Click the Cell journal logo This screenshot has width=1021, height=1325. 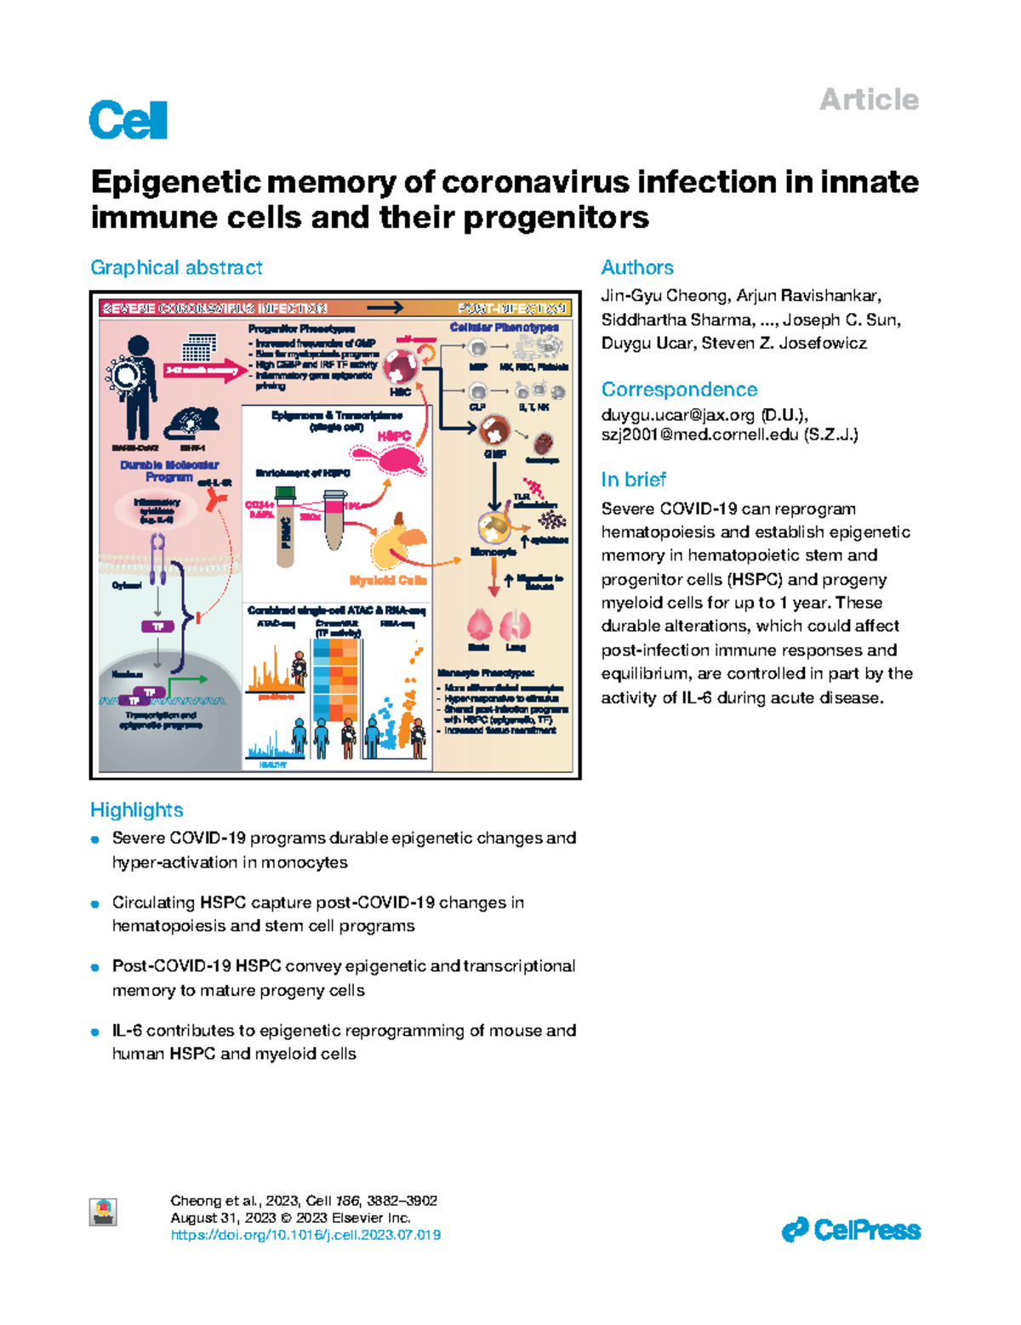point(128,120)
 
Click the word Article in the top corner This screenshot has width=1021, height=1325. point(869,100)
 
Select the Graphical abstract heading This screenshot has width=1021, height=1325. point(176,268)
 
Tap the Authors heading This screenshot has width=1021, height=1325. point(636,268)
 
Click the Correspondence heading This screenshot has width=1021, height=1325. point(679,390)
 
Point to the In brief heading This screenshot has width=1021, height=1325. point(633,480)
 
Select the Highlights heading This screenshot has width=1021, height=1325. point(136,810)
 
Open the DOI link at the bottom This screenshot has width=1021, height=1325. point(305,1235)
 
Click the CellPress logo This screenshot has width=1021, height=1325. point(851,1231)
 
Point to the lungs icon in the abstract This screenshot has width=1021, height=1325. point(515,626)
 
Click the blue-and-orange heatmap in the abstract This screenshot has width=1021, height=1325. point(334,680)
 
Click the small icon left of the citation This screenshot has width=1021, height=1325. point(104,1211)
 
